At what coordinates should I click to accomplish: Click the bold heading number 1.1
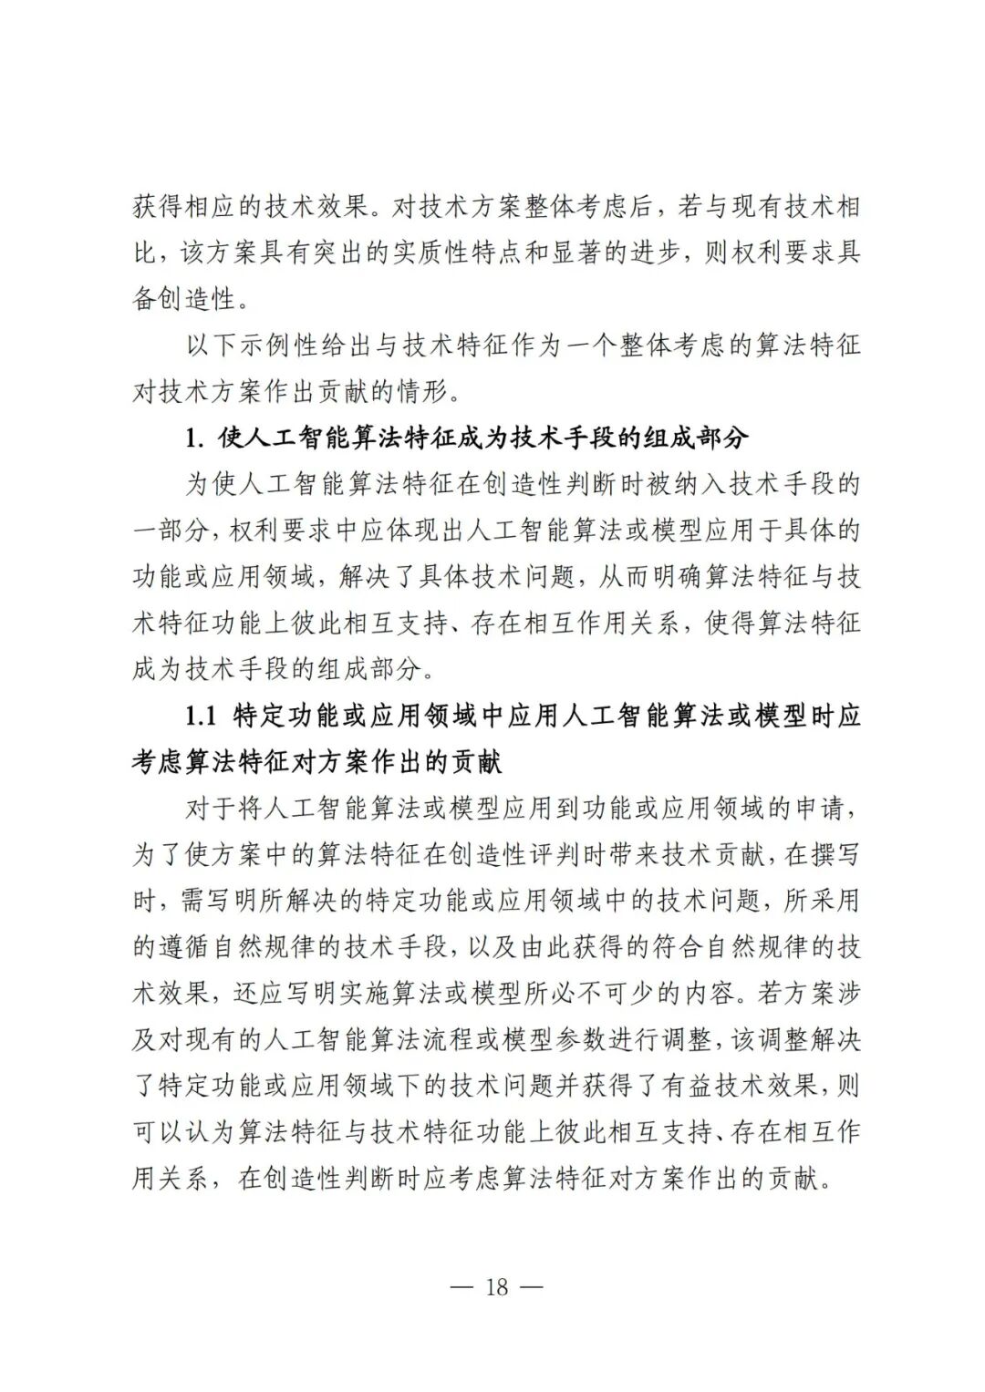(202, 716)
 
